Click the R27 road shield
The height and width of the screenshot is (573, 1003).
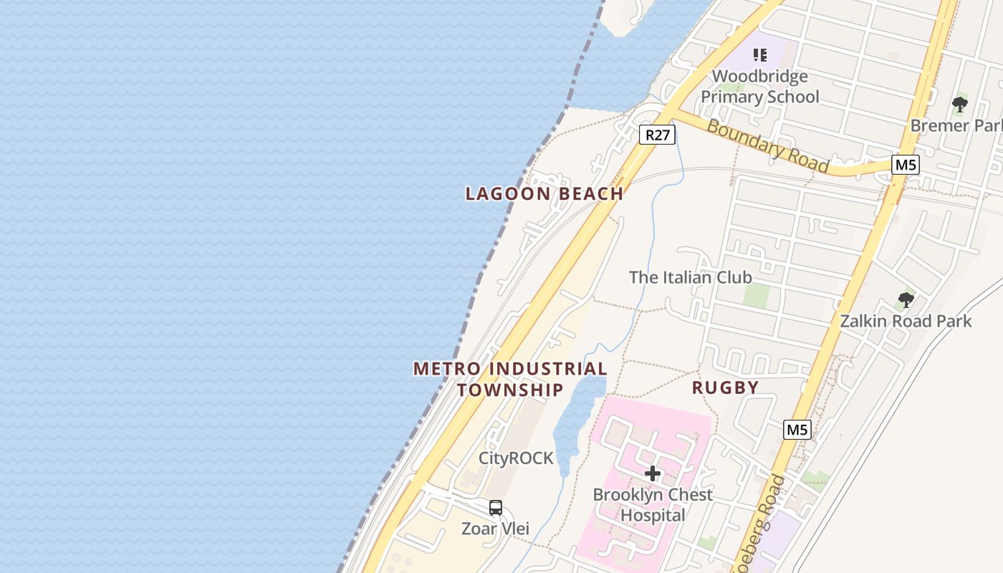(x=657, y=135)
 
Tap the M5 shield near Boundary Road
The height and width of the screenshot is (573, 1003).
(x=906, y=165)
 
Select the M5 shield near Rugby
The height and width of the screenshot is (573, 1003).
(x=797, y=430)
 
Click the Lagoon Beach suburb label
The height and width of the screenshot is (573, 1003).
(x=544, y=193)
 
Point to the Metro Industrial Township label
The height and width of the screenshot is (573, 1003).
(x=510, y=379)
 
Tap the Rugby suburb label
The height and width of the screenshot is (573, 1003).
(x=725, y=387)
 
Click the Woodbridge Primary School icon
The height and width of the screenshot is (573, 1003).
(x=759, y=55)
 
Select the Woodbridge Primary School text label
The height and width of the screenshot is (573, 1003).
(x=759, y=87)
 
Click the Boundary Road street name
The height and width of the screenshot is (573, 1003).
(x=767, y=146)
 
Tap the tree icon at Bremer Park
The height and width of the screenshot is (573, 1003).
(x=960, y=105)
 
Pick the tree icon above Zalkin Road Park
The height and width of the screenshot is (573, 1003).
(x=906, y=300)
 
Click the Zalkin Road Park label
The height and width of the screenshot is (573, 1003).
(x=906, y=320)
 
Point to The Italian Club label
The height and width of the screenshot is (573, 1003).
(x=690, y=277)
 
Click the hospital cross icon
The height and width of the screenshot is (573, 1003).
(x=653, y=473)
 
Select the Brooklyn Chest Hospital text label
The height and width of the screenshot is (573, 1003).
(x=653, y=505)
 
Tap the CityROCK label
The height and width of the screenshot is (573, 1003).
(x=516, y=458)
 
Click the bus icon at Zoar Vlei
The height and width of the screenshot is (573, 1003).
(x=496, y=508)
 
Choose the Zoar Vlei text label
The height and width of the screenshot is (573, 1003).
(x=496, y=529)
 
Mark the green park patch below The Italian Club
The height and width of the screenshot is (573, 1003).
(x=756, y=295)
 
